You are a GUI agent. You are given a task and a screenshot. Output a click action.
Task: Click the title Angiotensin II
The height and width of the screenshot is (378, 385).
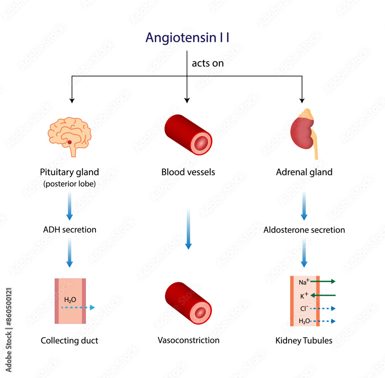point(187,38)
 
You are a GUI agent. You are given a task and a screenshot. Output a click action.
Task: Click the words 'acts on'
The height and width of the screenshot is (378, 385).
point(208,63)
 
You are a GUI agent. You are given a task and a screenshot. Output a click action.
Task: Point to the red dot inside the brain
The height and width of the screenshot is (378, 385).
point(70,142)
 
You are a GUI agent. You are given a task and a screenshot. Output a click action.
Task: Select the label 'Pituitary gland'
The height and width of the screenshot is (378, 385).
point(69,172)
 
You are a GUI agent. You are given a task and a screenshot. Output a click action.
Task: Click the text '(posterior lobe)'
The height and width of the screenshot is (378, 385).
point(69,184)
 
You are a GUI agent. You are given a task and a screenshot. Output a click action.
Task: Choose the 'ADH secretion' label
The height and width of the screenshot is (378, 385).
point(69,230)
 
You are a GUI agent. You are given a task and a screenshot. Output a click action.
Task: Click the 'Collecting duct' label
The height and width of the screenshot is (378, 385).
point(69,340)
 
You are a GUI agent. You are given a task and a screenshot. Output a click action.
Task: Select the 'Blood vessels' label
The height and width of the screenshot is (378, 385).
point(188,172)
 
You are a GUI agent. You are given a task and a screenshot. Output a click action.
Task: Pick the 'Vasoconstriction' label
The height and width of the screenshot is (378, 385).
point(188,340)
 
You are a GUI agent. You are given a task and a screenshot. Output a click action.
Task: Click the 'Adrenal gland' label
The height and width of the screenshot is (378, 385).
point(304,172)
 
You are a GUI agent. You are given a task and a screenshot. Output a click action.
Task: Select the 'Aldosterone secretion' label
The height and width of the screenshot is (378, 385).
point(304,230)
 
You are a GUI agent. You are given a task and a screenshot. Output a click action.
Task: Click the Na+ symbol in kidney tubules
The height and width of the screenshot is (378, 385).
point(304,282)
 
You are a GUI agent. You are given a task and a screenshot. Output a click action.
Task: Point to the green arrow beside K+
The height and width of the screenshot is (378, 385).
point(323,295)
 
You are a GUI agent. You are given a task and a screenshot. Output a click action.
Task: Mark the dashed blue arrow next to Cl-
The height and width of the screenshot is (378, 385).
point(323,308)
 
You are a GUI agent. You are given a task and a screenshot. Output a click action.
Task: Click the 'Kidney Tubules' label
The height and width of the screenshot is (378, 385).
point(304,340)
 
